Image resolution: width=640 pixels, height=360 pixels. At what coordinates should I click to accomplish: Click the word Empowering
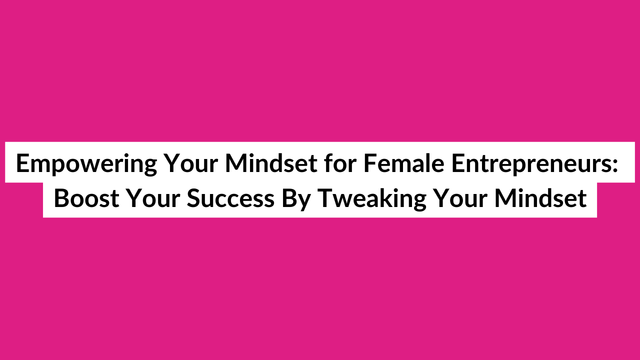[86, 164]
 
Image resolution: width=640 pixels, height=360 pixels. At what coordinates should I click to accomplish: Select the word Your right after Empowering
[191, 163]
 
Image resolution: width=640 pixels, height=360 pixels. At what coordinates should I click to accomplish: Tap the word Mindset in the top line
[271, 163]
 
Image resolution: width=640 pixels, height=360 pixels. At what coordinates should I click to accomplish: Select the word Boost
[86, 198]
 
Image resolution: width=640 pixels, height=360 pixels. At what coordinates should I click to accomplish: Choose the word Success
[230, 198]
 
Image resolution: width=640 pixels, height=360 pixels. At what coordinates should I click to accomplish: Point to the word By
[296, 199]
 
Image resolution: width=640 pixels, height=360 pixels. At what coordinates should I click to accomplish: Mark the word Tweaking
[371, 199]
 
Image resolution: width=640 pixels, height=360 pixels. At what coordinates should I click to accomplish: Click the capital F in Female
[370, 163]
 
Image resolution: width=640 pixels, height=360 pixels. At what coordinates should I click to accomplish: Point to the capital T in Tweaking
[325, 198]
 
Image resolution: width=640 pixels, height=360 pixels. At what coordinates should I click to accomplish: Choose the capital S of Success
[194, 198]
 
